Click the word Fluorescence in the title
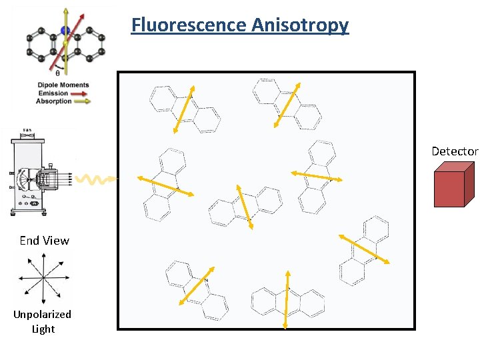189,25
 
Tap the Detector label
455,151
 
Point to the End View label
44,241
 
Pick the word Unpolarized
43,314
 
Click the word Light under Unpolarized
43,329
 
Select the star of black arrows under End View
43,276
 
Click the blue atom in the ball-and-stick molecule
65,30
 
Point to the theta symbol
58,74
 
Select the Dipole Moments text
63,85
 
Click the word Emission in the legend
53,93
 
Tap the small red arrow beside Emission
79,93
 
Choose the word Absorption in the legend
53,101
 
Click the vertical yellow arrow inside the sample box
287,299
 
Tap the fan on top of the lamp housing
27,131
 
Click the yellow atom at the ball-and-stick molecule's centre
65,44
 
